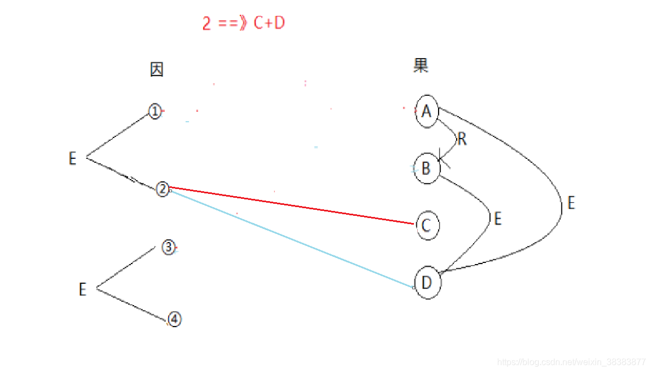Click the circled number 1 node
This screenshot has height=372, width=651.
pos(155,112)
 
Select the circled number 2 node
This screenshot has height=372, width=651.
pos(163,189)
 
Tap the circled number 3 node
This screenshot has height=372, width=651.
pos(169,248)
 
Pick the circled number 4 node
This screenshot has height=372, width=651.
pos(174,319)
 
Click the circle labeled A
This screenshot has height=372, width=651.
pos(427,112)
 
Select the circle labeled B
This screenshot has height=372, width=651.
pos(426,168)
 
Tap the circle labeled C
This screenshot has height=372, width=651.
pos(427,225)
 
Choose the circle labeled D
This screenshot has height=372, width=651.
pos(427,283)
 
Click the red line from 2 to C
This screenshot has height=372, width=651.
pos(290,206)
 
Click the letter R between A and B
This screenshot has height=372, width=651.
pos(462,140)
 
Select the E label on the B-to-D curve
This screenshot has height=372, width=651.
pos(497,219)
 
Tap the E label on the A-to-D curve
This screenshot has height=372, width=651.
pos(571,203)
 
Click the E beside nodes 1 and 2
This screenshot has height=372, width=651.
pos(72,159)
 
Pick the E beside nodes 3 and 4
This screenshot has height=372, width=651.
pos(83,289)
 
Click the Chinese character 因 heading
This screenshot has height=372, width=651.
pos(157,70)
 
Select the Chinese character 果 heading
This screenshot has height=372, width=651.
pos(420,66)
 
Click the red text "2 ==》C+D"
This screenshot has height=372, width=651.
pos(244,24)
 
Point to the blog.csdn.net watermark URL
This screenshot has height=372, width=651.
pos(571,362)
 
